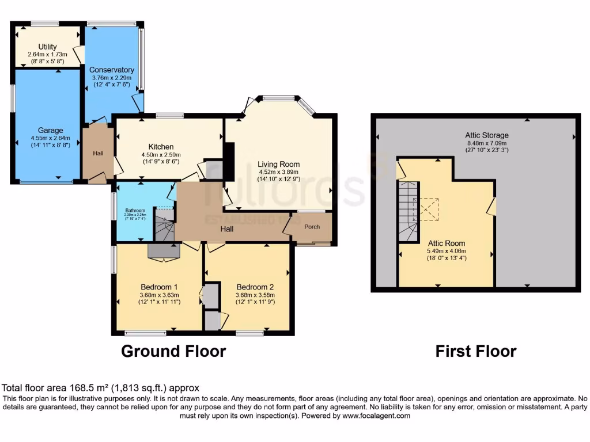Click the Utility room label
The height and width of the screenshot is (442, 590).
pyautogui.click(x=47, y=47)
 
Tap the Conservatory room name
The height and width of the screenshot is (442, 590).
pyautogui.click(x=111, y=70)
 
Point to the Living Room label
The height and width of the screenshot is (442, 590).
pyautogui.click(x=278, y=164)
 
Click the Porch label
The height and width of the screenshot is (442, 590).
pyautogui.click(x=312, y=227)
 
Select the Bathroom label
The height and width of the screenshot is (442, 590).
pyautogui.click(x=135, y=211)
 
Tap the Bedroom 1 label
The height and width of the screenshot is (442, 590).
pyautogui.click(x=159, y=287)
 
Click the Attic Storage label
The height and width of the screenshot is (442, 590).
pyautogui.click(x=487, y=136)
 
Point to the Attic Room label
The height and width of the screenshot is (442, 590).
pyautogui.click(x=446, y=243)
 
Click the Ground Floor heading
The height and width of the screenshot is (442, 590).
pyautogui.click(x=173, y=351)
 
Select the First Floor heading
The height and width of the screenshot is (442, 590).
pyautogui.click(x=475, y=351)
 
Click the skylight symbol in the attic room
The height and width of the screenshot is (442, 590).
pyautogui.click(x=428, y=209)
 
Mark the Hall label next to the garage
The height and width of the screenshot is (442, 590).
pyautogui.click(x=98, y=154)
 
